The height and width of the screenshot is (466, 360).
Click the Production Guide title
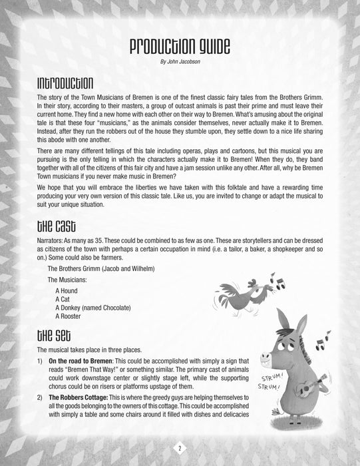click(x=180, y=47)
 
